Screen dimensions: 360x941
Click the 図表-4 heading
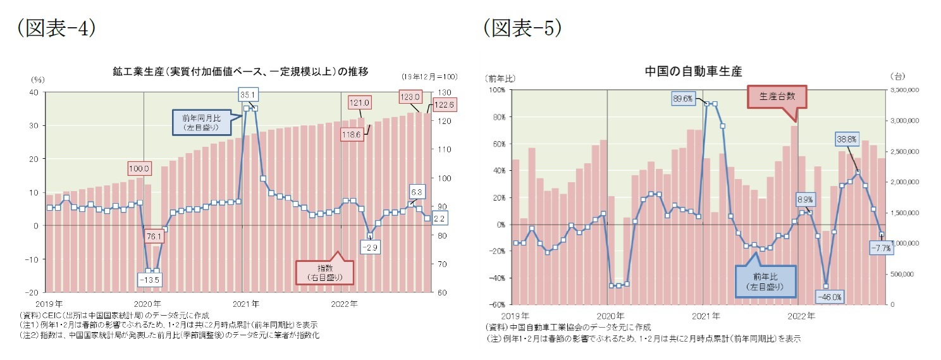[x=57, y=27]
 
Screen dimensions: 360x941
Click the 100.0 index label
[x=138, y=168]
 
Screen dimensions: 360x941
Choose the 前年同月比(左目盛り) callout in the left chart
[x=200, y=122]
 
